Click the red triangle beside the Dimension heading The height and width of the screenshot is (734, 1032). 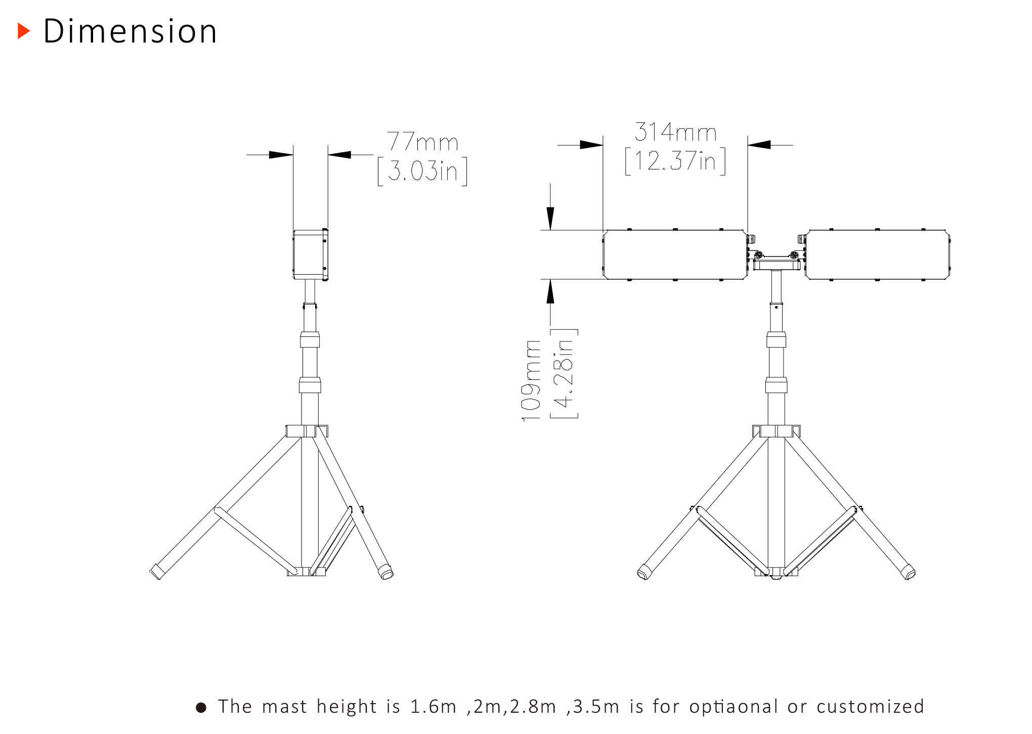[24, 31]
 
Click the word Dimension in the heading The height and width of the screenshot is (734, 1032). [131, 31]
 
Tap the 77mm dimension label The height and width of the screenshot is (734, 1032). [422, 141]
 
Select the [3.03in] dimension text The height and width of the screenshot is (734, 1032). [422, 171]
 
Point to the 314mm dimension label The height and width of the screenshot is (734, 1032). [675, 132]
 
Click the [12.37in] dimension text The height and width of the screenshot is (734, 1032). [675, 161]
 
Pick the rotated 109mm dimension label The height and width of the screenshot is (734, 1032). [531, 381]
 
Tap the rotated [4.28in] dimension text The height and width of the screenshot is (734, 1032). [564, 373]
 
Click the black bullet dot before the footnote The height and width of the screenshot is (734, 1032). [201, 707]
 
